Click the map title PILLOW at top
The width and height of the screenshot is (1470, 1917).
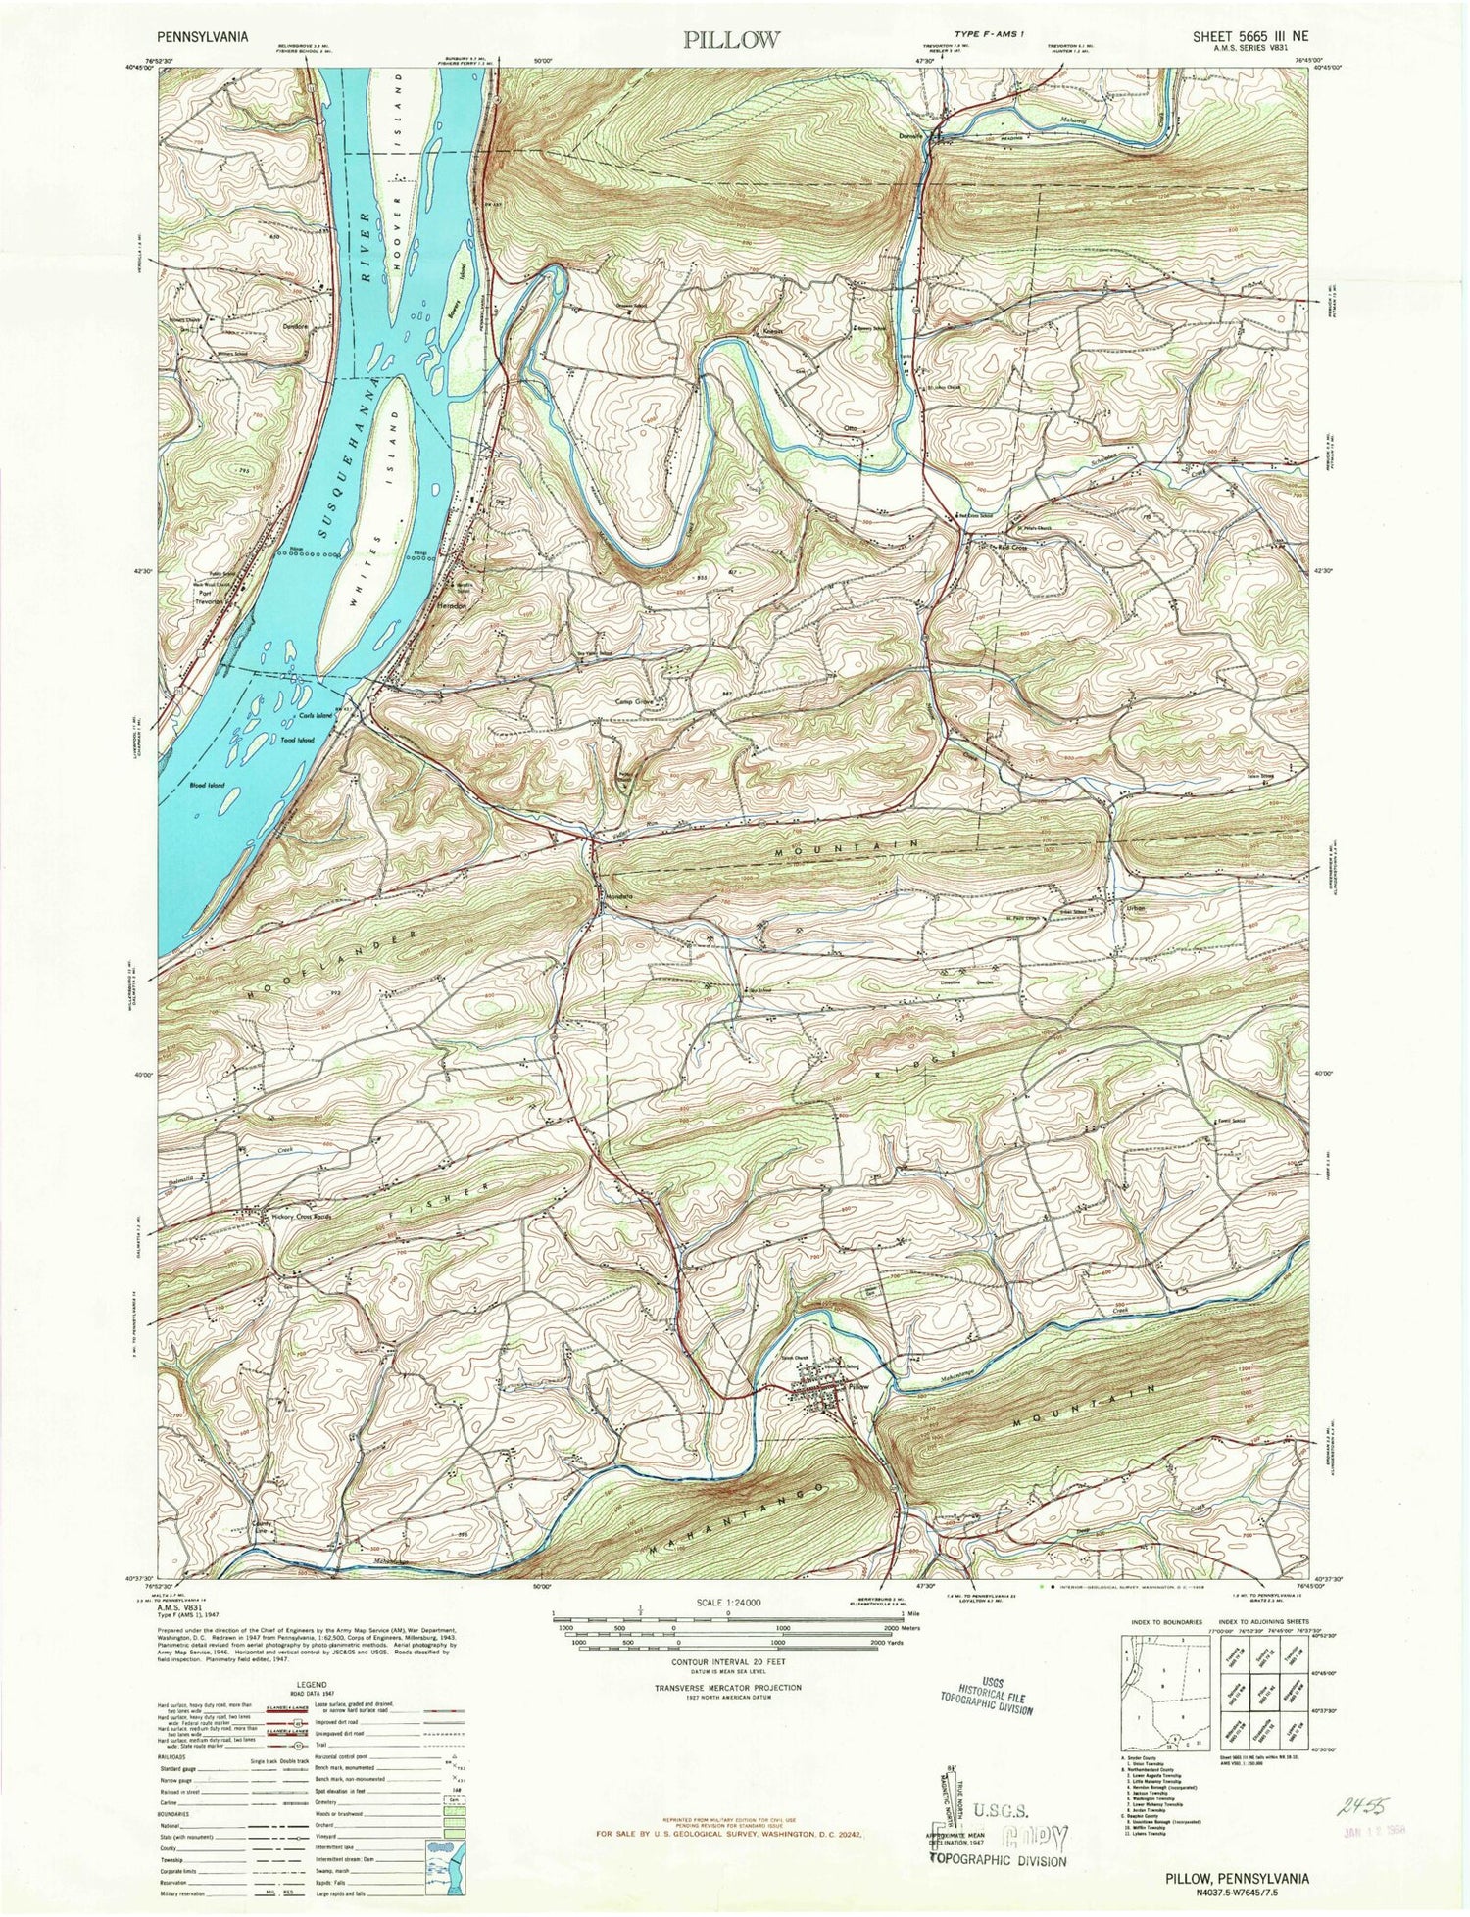coord(732,39)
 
